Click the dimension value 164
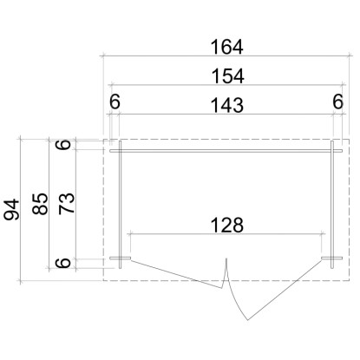[226, 47]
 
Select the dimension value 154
[228, 76]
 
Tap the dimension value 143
[227, 105]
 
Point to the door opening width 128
[227, 226]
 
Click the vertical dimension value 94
[12, 209]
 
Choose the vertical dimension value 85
[40, 204]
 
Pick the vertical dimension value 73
[67, 204]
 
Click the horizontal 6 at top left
[115, 101]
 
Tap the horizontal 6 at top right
[338, 101]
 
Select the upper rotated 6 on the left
[63, 145]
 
